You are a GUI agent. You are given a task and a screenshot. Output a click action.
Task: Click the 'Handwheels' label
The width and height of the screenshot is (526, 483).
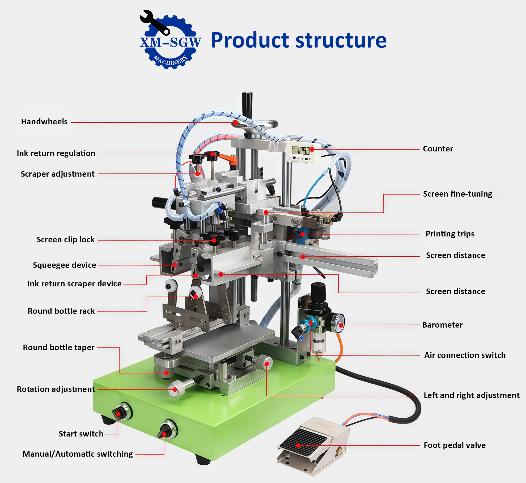(44, 122)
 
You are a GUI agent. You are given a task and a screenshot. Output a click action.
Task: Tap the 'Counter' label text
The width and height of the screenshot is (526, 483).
(438, 149)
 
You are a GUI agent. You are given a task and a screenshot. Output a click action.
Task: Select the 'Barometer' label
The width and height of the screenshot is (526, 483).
(442, 325)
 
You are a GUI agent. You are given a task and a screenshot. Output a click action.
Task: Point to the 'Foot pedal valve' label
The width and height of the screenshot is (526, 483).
(455, 445)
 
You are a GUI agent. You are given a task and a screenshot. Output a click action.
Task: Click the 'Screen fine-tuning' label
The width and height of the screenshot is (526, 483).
(457, 194)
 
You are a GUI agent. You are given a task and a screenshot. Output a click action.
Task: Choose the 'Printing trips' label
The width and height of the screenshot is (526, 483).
(450, 234)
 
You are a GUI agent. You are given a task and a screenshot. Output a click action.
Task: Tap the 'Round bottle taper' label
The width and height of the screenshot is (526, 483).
(59, 348)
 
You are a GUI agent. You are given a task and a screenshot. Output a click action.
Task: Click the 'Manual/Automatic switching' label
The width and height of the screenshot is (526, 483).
(78, 454)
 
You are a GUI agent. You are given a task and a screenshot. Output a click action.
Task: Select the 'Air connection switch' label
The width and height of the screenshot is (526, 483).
(465, 355)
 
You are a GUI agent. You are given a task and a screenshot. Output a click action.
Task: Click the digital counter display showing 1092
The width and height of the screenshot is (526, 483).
(301, 150)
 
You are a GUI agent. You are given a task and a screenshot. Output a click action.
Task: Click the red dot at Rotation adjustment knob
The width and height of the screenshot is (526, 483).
(175, 390)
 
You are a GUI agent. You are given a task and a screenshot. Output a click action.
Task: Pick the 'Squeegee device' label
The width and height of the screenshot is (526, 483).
(64, 265)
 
